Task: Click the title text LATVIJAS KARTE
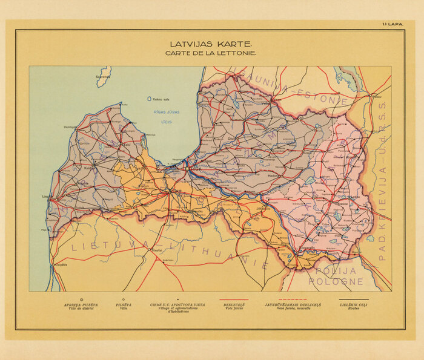[210, 44]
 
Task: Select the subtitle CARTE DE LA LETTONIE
[210, 53]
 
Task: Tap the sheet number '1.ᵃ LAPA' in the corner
[393, 24]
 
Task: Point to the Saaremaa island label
[104, 77]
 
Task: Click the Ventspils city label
[71, 127]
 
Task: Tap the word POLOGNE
[336, 281]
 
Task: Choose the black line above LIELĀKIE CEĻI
[354, 298]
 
